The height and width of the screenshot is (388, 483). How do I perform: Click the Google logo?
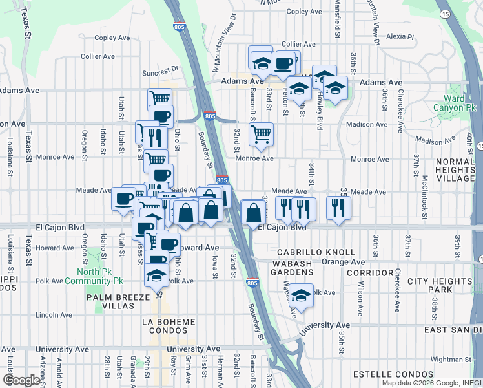[x=21, y=380]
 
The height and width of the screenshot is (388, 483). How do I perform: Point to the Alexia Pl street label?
[x=400, y=38]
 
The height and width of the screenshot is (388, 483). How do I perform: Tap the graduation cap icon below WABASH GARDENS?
[x=301, y=295]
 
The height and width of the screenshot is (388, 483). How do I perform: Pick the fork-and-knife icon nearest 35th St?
[x=338, y=207]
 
